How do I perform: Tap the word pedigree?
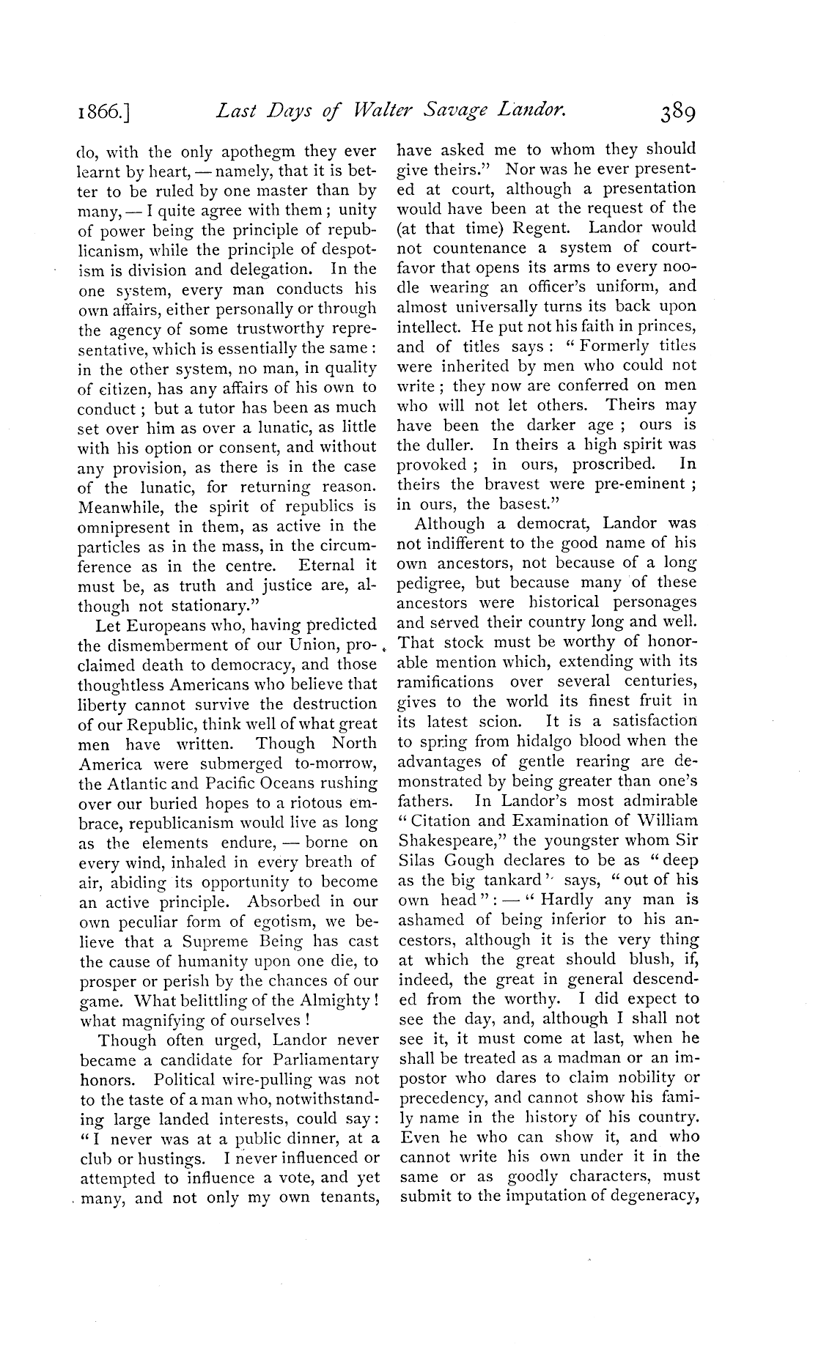(x=432, y=583)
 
